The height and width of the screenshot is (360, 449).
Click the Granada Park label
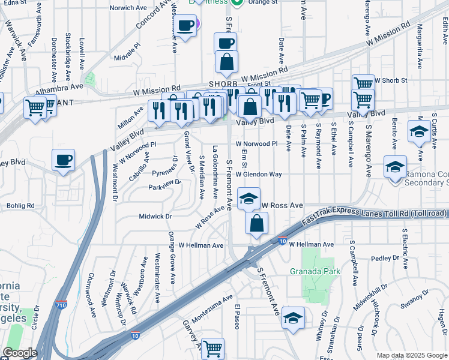pos(315,271)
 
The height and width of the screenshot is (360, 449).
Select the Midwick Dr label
pos(155,216)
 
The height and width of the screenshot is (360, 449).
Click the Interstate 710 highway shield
pos(61,305)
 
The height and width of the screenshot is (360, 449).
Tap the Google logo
pos(20,353)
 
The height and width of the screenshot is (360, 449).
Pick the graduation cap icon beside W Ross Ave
pos(249,199)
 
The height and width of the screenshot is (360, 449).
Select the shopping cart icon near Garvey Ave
pos(212,347)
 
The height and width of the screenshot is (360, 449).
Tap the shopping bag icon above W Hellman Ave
pos(256,223)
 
